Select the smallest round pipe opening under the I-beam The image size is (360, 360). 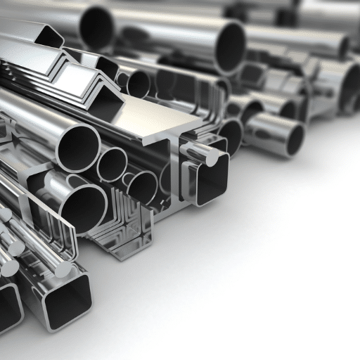point(111,165)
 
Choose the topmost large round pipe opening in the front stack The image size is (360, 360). point(78,144)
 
